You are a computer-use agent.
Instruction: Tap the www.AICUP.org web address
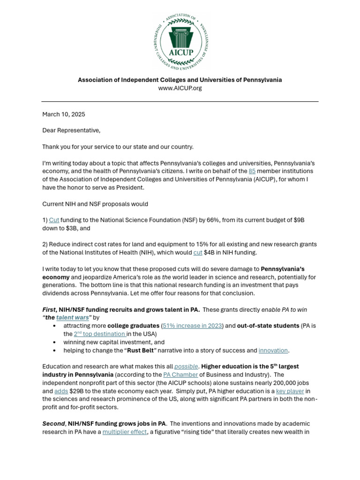(180, 88)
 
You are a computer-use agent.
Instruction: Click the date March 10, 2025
(64, 114)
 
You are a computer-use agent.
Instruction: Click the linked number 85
(252, 171)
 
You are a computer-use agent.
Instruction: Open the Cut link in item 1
(54, 220)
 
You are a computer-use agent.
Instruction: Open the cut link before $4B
(198, 253)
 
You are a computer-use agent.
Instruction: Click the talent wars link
(72, 317)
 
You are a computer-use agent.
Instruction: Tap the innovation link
(273, 350)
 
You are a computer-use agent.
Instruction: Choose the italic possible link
(186, 366)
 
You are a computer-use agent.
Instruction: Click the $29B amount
(77, 391)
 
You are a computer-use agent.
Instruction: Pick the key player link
(290, 391)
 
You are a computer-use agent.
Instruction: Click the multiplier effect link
(125, 432)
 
